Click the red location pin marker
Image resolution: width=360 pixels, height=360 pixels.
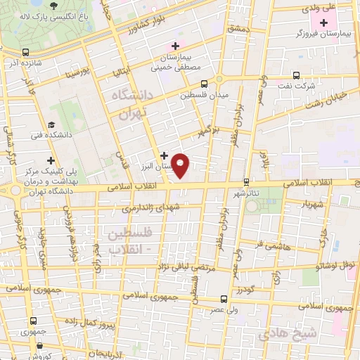[x=181, y=165]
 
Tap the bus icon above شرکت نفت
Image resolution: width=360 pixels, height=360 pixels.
[x=296, y=74]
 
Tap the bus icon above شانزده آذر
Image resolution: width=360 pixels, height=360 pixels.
[x=26, y=52]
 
